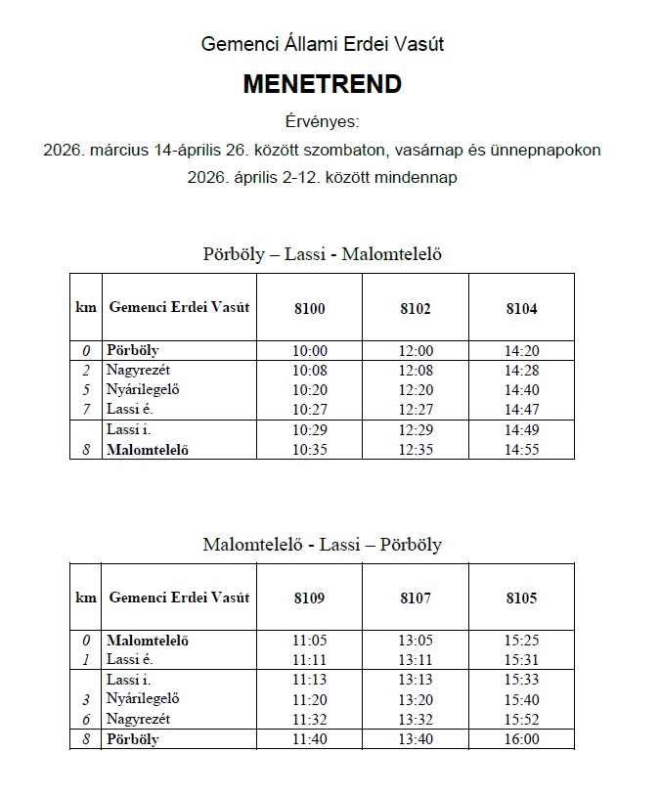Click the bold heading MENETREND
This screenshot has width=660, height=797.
pyautogui.click(x=322, y=85)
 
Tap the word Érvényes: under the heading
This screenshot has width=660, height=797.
pyautogui.click(x=322, y=122)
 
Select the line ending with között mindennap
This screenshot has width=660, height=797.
pyautogui.click(x=322, y=178)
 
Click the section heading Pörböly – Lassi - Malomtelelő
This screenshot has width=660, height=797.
pyautogui.click(x=322, y=254)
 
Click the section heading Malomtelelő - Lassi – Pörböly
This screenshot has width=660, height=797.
pyautogui.click(x=322, y=545)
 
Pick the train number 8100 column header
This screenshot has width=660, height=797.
pyautogui.click(x=309, y=308)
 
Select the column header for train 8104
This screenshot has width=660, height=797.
pyautogui.click(x=521, y=308)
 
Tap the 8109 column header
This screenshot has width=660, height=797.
pyautogui.click(x=309, y=598)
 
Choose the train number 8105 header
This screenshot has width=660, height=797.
pyautogui.click(x=521, y=598)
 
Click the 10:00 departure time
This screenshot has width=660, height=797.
pyautogui.click(x=309, y=351)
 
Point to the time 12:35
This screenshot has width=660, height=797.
pyautogui.click(x=416, y=451)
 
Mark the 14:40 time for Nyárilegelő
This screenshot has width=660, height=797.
pyautogui.click(x=521, y=390)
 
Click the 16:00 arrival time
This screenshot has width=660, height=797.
pyautogui.click(x=521, y=739)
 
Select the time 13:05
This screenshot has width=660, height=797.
pyautogui.click(x=416, y=641)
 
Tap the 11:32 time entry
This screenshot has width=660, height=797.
pyautogui.click(x=309, y=719)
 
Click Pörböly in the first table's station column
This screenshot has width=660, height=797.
pyautogui.click(x=133, y=350)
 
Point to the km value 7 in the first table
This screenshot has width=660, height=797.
pyautogui.click(x=85, y=409)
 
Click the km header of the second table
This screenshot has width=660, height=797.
pyautogui.click(x=86, y=598)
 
